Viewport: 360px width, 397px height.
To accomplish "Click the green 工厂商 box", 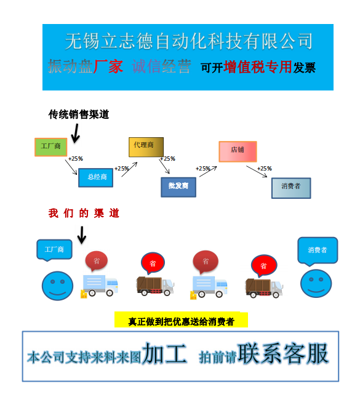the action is coord(51,147).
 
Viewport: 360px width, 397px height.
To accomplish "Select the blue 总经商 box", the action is coord(96,177).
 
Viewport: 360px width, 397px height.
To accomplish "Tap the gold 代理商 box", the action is coord(146,147).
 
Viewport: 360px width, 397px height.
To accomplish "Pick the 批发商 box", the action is coord(178,187).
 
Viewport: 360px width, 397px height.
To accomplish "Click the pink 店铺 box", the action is coord(238,151).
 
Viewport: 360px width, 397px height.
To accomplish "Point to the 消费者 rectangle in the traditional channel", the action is coord(291,188).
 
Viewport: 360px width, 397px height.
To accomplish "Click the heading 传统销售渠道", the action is coord(79,114).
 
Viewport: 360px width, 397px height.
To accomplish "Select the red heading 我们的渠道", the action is coord(84,213).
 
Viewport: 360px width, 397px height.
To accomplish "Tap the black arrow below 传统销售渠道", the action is coord(76,134).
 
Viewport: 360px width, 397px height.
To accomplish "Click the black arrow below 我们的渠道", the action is coord(82,235).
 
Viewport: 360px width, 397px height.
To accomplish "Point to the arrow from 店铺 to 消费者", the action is coord(257,172).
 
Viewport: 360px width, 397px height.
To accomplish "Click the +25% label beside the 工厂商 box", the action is coord(76,159).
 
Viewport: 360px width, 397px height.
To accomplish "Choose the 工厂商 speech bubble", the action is coord(54,250).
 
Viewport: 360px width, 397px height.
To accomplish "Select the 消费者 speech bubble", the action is coord(318,251).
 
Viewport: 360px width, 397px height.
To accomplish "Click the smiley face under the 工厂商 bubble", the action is coord(57,286).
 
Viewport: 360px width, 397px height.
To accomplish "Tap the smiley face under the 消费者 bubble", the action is coord(316,284).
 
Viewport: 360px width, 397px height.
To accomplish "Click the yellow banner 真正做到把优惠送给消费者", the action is coord(181,320).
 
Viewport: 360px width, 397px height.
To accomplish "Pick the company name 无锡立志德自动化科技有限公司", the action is coord(189,41).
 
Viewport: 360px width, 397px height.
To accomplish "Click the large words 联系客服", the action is coord(283,354).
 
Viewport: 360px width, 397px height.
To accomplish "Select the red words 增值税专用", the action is coord(258,67).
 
